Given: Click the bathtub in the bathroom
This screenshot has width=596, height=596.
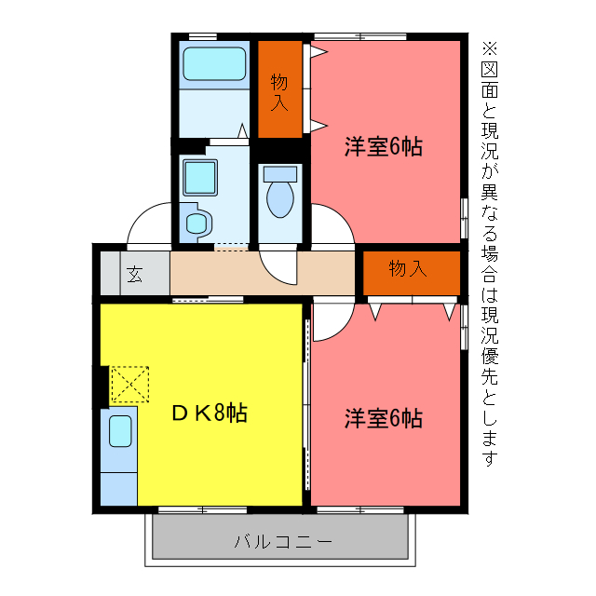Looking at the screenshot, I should [214, 64].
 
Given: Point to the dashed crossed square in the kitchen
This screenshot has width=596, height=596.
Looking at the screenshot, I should [129, 384].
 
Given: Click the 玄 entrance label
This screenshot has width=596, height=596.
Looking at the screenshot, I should [135, 274].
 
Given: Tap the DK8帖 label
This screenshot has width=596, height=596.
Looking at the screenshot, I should [209, 413].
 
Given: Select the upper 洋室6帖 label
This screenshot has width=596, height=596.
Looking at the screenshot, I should [383, 146].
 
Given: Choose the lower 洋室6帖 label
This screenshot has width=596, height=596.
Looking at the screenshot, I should [383, 418].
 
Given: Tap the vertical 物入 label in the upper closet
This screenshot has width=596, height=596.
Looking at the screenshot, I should [279, 91].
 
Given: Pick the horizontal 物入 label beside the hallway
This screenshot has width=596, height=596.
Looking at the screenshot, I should [407, 269].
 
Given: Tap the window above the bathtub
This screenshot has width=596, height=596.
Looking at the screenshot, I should [203, 35].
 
